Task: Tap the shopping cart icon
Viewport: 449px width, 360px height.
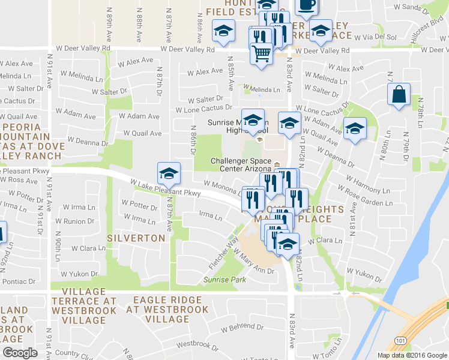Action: [x=261, y=54]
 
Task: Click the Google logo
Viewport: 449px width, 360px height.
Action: [x=20, y=353]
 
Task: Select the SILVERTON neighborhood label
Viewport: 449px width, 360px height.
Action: [x=136, y=238]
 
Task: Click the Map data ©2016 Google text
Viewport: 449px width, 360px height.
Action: [x=411, y=355]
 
